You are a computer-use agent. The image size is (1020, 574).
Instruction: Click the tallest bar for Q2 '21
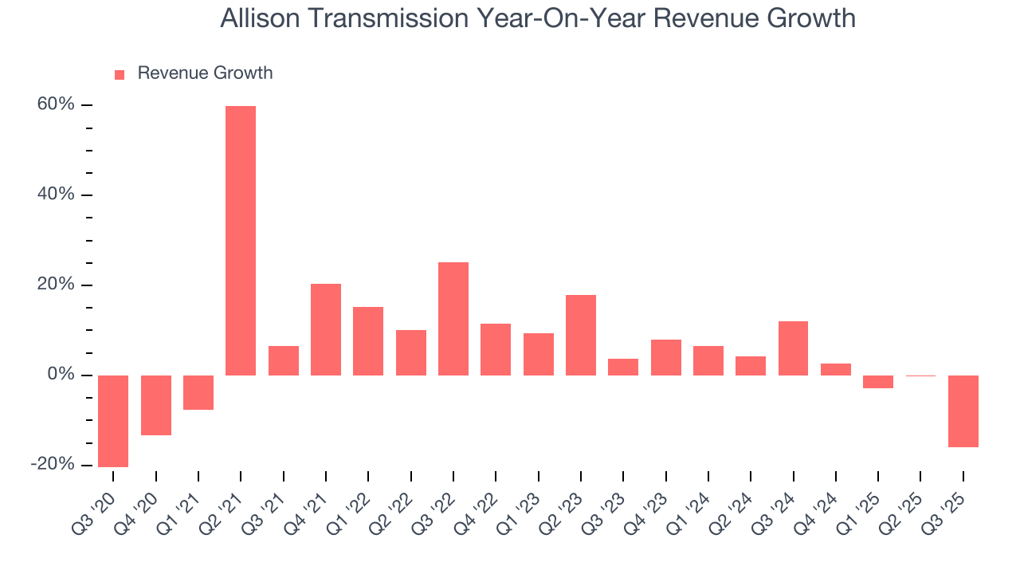coord(241,240)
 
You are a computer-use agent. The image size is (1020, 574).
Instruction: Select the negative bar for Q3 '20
coord(113,421)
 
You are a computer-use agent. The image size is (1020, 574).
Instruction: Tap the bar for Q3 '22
coord(453,319)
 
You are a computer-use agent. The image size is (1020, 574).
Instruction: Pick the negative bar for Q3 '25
coord(963,411)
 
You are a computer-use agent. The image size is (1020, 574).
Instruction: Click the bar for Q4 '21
coord(326,329)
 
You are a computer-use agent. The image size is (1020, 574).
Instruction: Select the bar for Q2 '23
coord(581,335)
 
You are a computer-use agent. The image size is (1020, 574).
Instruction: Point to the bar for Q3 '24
coord(793,348)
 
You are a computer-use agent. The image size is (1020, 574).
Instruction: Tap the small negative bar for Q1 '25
coord(878,382)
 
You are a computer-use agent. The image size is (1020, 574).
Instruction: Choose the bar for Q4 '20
coord(156,405)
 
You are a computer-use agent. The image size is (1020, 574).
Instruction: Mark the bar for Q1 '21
coord(198,392)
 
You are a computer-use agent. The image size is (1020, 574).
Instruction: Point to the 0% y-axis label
coord(59,375)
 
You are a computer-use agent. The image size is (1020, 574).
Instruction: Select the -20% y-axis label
coord(53,465)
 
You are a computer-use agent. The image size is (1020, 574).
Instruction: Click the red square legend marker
coord(120,74)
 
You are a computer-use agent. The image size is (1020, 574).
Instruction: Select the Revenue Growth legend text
coord(205,73)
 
